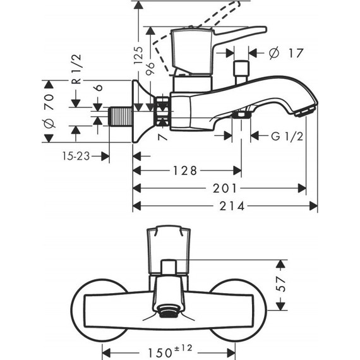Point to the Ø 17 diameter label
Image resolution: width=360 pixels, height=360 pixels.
tap(285, 54)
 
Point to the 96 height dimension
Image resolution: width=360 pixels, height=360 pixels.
tap(151, 69)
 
